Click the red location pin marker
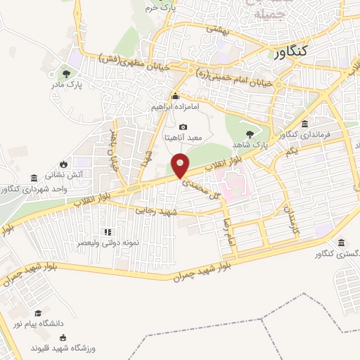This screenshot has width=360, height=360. (181, 166)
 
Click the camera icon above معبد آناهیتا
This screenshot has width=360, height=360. (183, 127)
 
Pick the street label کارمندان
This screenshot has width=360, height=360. (288, 219)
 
